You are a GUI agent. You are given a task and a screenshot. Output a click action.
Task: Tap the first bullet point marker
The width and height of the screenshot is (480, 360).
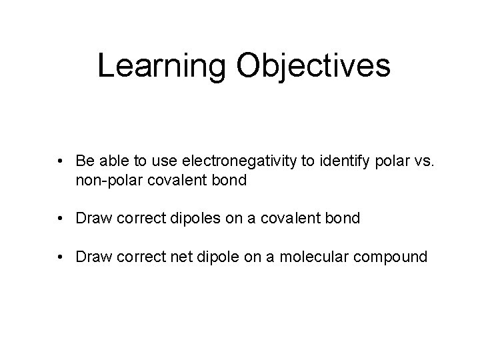click(61, 161)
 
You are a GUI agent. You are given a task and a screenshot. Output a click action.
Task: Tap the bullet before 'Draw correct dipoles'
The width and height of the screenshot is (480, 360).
click(61, 217)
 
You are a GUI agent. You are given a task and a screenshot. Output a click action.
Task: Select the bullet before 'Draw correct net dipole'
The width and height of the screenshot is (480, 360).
click(61, 256)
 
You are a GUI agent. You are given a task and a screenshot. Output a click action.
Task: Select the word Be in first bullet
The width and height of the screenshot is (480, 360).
click(84, 161)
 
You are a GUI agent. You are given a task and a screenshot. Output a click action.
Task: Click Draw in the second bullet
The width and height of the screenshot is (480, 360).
click(92, 217)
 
